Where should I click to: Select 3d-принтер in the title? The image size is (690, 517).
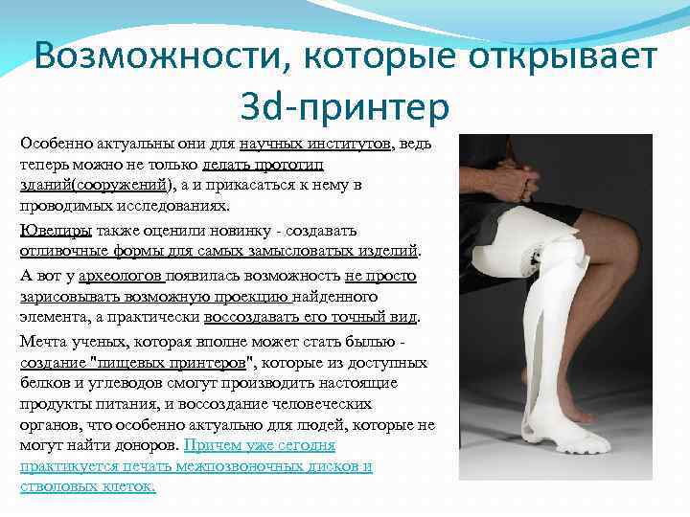(347, 107)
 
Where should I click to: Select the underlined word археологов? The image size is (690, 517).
(122, 276)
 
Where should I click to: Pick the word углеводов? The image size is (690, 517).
(111, 383)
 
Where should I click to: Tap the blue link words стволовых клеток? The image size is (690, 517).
(87, 487)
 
